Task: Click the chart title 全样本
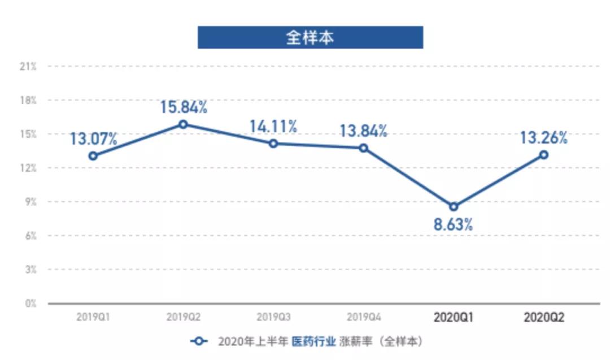pyautogui.click(x=310, y=37)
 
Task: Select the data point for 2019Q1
pyautogui.click(x=93, y=156)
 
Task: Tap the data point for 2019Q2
pyautogui.click(x=183, y=124)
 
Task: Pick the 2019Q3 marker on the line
pyautogui.click(x=273, y=144)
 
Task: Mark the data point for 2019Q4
pyautogui.click(x=364, y=148)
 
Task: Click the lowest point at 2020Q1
pyautogui.click(x=454, y=206)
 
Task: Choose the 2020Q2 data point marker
pyautogui.click(x=543, y=154)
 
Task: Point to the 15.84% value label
pyautogui.click(x=184, y=107)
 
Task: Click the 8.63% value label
pyautogui.click(x=454, y=224)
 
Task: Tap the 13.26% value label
pyautogui.click(x=544, y=137)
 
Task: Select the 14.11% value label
pyautogui.click(x=273, y=126)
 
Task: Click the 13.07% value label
pyautogui.click(x=94, y=138)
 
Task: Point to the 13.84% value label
pyautogui.click(x=364, y=131)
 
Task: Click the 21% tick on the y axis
pyautogui.click(x=28, y=67)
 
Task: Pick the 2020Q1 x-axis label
pyautogui.click(x=454, y=318)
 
